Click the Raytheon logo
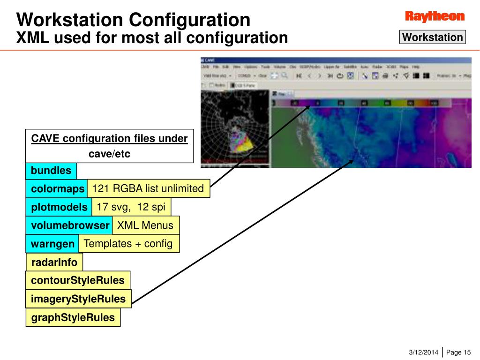click(x=435, y=17)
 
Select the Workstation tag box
click(x=432, y=37)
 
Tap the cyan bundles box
click(x=51, y=171)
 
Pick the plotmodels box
click(x=59, y=207)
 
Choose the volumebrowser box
click(x=69, y=225)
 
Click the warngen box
click(x=52, y=244)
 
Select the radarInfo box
click(x=54, y=262)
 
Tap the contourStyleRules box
click(x=78, y=280)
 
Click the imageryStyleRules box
click(x=78, y=299)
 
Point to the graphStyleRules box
click(x=73, y=317)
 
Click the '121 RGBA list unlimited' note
click(x=148, y=189)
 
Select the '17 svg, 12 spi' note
click(x=131, y=207)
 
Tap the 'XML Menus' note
click(x=145, y=225)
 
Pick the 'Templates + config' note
click(x=128, y=244)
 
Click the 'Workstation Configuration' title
click(x=133, y=20)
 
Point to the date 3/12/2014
click(x=424, y=352)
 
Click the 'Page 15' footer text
click(x=458, y=352)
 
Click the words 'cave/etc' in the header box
click(x=109, y=154)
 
